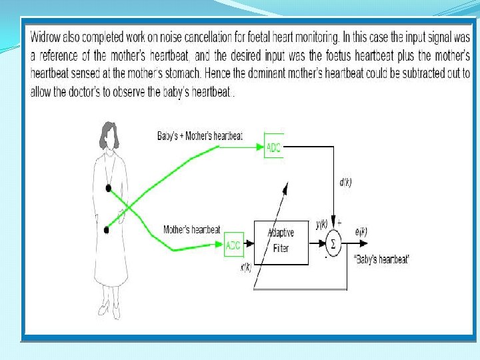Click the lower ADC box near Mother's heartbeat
click(234, 245)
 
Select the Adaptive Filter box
click(281, 241)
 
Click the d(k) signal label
click(346, 182)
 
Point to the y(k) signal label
click(321, 225)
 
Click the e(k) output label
click(361, 231)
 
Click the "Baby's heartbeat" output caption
click(383, 259)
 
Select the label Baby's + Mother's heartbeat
click(199, 136)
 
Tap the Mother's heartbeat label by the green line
click(192, 230)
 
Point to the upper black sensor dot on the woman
click(107, 189)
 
